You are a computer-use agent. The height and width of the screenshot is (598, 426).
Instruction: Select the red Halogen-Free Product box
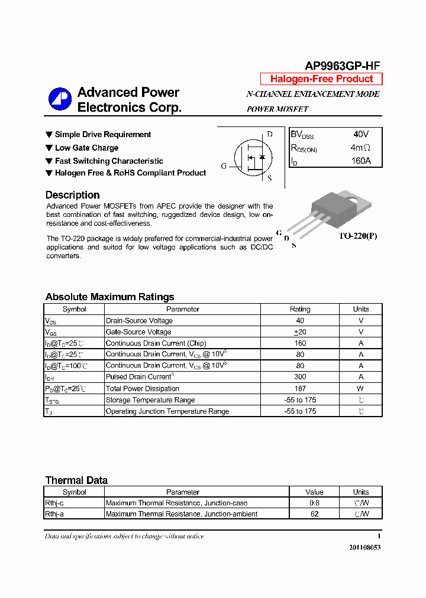click(x=321, y=79)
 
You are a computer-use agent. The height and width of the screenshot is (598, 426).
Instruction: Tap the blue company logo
click(x=60, y=99)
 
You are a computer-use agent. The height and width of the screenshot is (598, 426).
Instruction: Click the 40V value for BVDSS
click(x=360, y=135)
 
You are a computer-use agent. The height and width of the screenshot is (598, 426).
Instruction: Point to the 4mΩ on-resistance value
click(x=360, y=148)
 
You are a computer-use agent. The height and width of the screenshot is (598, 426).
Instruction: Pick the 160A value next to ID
click(x=360, y=161)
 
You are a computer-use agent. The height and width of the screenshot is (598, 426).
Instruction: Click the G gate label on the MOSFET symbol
click(x=224, y=166)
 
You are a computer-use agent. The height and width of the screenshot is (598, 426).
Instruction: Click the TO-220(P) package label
click(x=357, y=236)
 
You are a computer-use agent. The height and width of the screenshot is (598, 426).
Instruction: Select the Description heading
click(x=72, y=195)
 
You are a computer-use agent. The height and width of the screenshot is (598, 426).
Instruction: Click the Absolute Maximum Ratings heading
click(x=109, y=297)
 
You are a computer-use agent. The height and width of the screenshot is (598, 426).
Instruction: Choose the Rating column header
click(x=300, y=309)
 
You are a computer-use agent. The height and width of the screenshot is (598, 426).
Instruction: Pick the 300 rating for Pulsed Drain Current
click(x=300, y=377)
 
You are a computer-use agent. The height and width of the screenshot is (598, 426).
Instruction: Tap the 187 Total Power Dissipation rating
click(x=300, y=389)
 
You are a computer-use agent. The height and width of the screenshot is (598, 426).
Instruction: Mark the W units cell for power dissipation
click(x=360, y=389)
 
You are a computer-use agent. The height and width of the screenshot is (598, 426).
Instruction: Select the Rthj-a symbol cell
click(x=54, y=514)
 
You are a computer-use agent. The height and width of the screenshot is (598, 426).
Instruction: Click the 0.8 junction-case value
click(x=314, y=503)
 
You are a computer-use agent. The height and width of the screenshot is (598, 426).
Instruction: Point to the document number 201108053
click(x=364, y=547)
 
